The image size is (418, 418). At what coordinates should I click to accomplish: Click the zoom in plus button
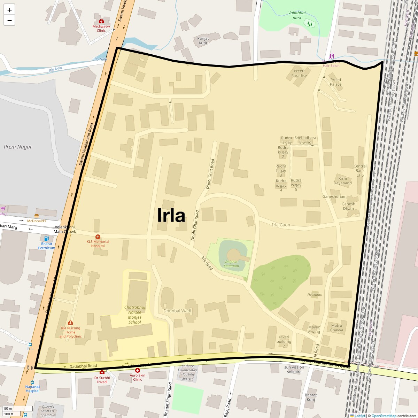tap(9, 10)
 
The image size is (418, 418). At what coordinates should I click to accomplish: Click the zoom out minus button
tap(9, 21)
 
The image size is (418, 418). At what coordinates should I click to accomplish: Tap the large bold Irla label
tap(171, 215)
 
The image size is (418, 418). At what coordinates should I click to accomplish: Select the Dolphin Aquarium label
tap(231, 264)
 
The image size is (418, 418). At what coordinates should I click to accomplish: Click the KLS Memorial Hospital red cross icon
tap(98, 237)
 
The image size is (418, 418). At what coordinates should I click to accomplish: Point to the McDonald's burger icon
tap(37, 216)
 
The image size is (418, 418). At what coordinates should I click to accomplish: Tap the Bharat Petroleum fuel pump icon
tap(46, 239)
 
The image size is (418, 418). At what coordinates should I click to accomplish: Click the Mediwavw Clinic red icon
tap(101, 21)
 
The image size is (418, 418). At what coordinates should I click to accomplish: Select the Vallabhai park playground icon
tap(309, 24)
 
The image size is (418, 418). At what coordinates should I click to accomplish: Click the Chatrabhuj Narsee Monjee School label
tap(135, 315)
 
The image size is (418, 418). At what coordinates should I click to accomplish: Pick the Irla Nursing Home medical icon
tap(70, 323)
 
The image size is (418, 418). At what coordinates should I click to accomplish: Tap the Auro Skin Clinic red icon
tap(138, 370)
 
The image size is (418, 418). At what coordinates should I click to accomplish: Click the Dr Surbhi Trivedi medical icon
tap(102, 372)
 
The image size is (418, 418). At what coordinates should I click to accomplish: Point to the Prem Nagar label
tap(18, 147)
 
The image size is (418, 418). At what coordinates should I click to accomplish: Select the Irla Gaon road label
tap(281, 225)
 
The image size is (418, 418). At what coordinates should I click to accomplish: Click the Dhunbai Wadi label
tap(177, 311)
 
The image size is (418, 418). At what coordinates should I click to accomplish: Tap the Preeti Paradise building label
tap(299, 73)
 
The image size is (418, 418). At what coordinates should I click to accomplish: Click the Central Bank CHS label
tap(360, 171)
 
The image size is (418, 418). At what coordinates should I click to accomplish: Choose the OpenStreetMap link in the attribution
tap(384, 416)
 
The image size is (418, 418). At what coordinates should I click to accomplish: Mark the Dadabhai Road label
tap(83, 366)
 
